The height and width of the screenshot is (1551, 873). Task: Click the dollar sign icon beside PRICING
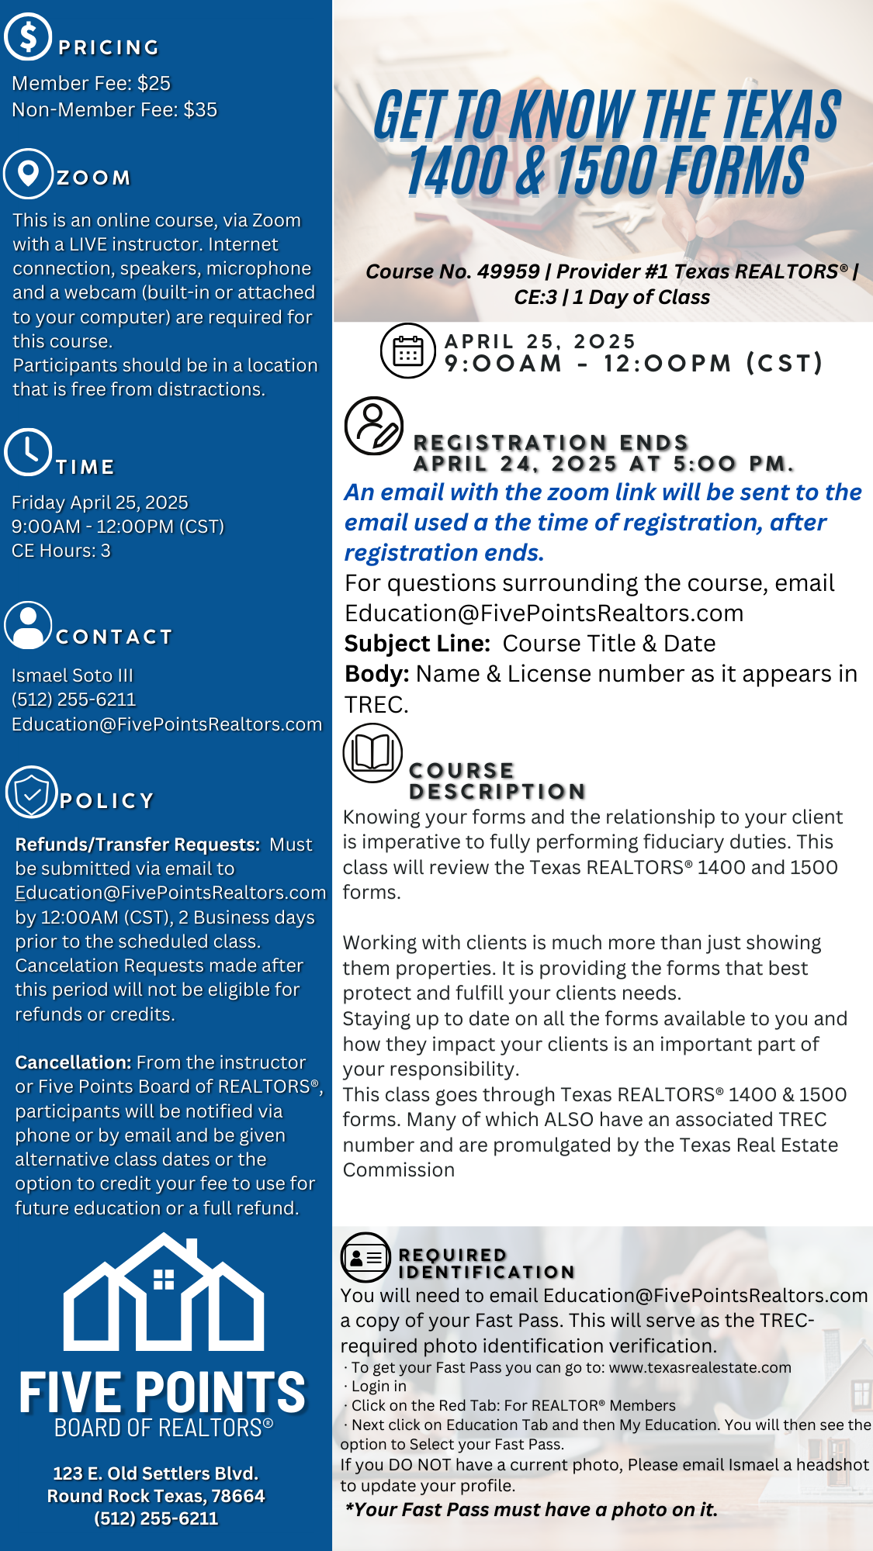(x=28, y=36)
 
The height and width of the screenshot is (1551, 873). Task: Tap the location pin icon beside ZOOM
(x=28, y=173)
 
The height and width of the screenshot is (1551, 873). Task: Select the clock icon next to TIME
(x=28, y=451)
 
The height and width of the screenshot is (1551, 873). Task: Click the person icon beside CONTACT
(x=28, y=625)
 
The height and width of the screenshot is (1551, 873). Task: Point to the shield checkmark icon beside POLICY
(x=32, y=793)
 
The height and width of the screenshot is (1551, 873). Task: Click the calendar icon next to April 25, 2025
(x=407, y=351)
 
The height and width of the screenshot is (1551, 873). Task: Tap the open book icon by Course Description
(x=372, y=753)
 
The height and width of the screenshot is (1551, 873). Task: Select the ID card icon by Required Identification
(x=365, y=1257)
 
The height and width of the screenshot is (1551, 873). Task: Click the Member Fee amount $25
(x=154, y=83)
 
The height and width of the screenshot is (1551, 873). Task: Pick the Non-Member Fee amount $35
(x=200, y=109)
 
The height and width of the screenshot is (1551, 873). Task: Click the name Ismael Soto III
(x=72, y=675)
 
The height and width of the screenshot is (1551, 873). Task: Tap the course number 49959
(x=508, y=271)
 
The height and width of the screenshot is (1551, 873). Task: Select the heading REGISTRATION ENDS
(x=551, y=442)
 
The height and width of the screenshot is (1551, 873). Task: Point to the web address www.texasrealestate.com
(x=700, y=1367)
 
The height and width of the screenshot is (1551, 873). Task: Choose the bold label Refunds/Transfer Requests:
(x=137, y=845)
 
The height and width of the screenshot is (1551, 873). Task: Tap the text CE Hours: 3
(x=61, y=551)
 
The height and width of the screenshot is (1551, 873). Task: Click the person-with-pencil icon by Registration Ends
(x=374, y=426)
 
